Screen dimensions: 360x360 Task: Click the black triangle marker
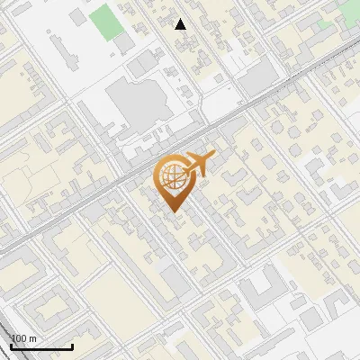click(x=181, y=24)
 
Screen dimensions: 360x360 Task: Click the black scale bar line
click(x=40, y=346)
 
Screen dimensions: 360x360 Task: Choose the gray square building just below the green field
click(x=124, y=42)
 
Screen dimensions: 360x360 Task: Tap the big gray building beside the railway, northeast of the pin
click(x=258, y=81)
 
